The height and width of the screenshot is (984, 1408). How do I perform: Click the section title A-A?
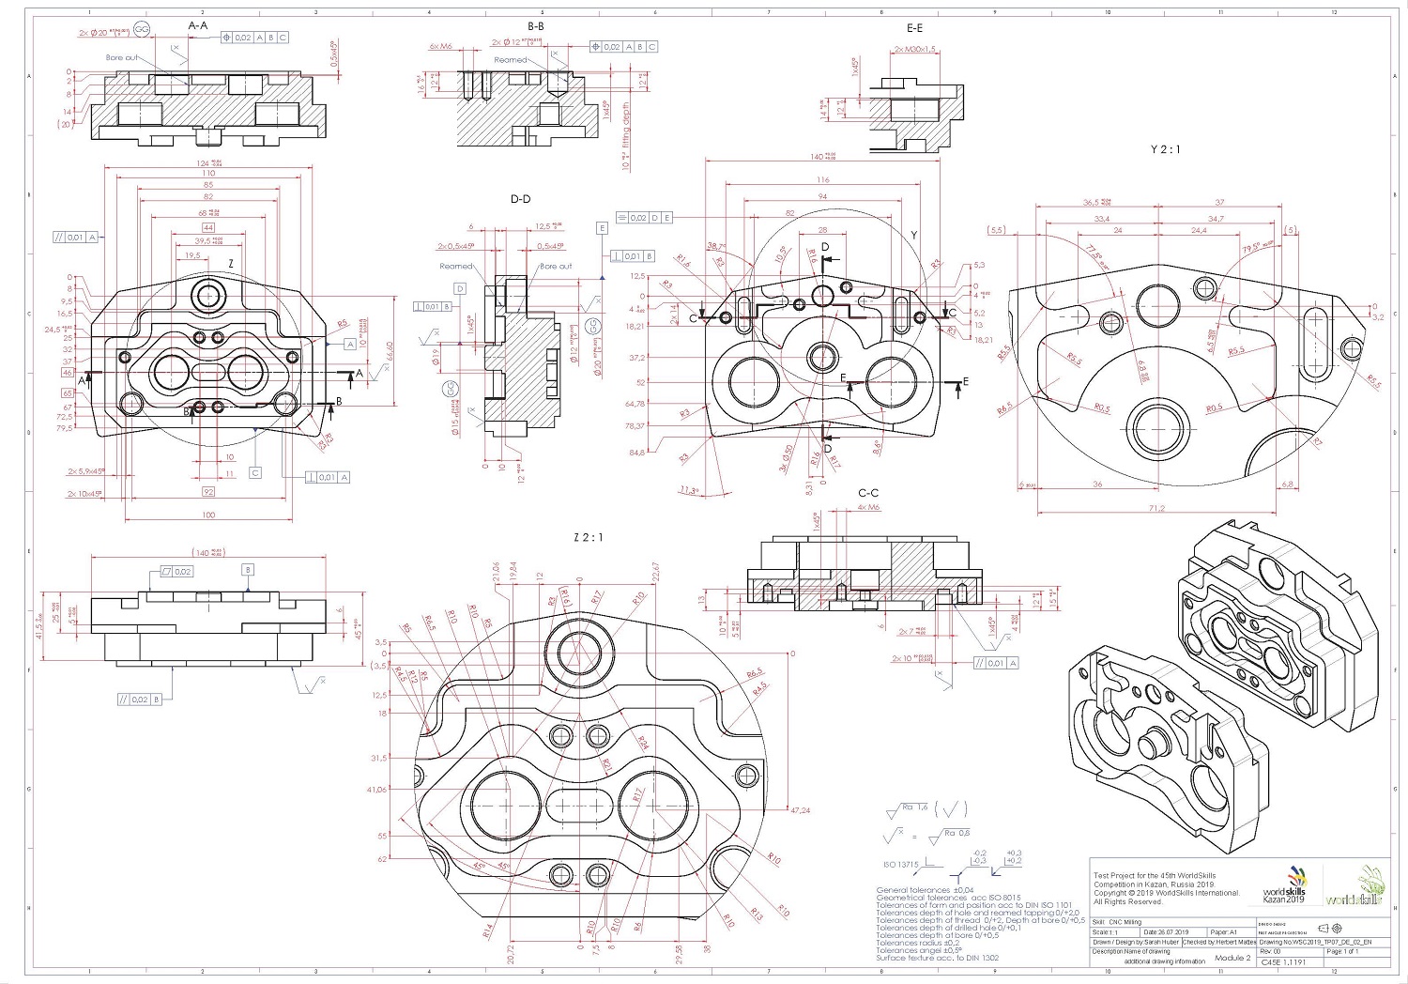[198, 25]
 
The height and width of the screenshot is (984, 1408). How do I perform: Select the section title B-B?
[535, 26]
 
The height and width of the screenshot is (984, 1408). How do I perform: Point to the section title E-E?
[914, 28]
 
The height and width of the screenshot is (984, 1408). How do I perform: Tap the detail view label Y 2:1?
[1165, 149]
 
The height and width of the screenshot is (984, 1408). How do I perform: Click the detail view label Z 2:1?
[589, 537]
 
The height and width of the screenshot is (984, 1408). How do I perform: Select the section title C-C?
[868, 493]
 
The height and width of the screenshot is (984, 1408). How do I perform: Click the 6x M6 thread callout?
[440, 46]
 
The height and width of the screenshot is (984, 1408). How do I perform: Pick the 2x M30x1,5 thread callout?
[915, 49]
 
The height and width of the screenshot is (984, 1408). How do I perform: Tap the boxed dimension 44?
[207, 227]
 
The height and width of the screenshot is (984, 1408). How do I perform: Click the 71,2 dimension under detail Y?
[1155, 508]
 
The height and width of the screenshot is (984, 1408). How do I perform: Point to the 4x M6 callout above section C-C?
[868, 508]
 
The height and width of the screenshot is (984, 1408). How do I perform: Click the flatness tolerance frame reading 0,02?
[177, 571]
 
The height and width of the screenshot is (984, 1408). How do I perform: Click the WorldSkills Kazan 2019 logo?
[1283, 893]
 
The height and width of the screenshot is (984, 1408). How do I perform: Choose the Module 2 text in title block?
[1232, 958]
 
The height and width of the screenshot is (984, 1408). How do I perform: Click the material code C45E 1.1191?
[1282, 962]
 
